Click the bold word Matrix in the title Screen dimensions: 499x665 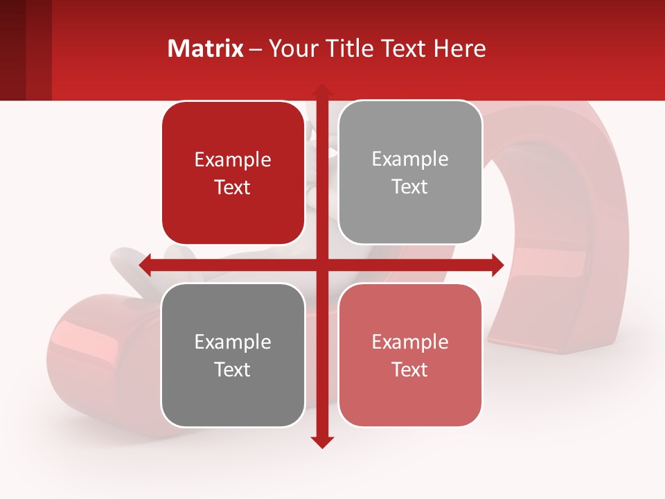[206, 49]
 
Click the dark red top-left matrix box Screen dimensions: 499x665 [233, 173]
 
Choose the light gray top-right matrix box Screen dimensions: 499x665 [410, 173]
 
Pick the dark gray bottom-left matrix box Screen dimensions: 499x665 [233, 355]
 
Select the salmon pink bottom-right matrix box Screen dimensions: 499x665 [410, 355]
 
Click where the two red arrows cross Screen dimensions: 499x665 [321, 265]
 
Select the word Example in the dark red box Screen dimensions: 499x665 [233, 160]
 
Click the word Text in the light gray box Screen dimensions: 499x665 [410, 187]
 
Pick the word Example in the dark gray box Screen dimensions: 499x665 [233, 342]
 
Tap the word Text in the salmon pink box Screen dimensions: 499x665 [410, 369]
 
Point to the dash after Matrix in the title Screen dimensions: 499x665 [256, 49]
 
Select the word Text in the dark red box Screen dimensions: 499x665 [233, 188]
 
